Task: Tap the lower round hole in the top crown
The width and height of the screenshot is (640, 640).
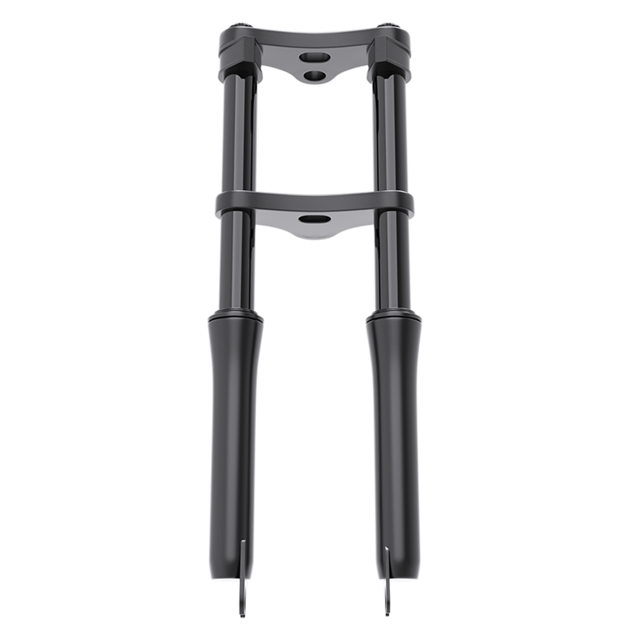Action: pos(315,76)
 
